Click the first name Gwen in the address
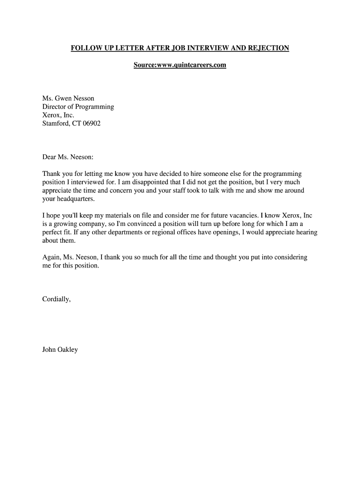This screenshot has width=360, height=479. [x=63, y=98]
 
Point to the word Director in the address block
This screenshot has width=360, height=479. [x=55, y=107]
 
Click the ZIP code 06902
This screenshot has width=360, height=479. [x=92, y=123]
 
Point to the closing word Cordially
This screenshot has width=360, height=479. [x=56, y=299]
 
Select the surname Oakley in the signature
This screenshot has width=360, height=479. [x=67, y=349]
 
